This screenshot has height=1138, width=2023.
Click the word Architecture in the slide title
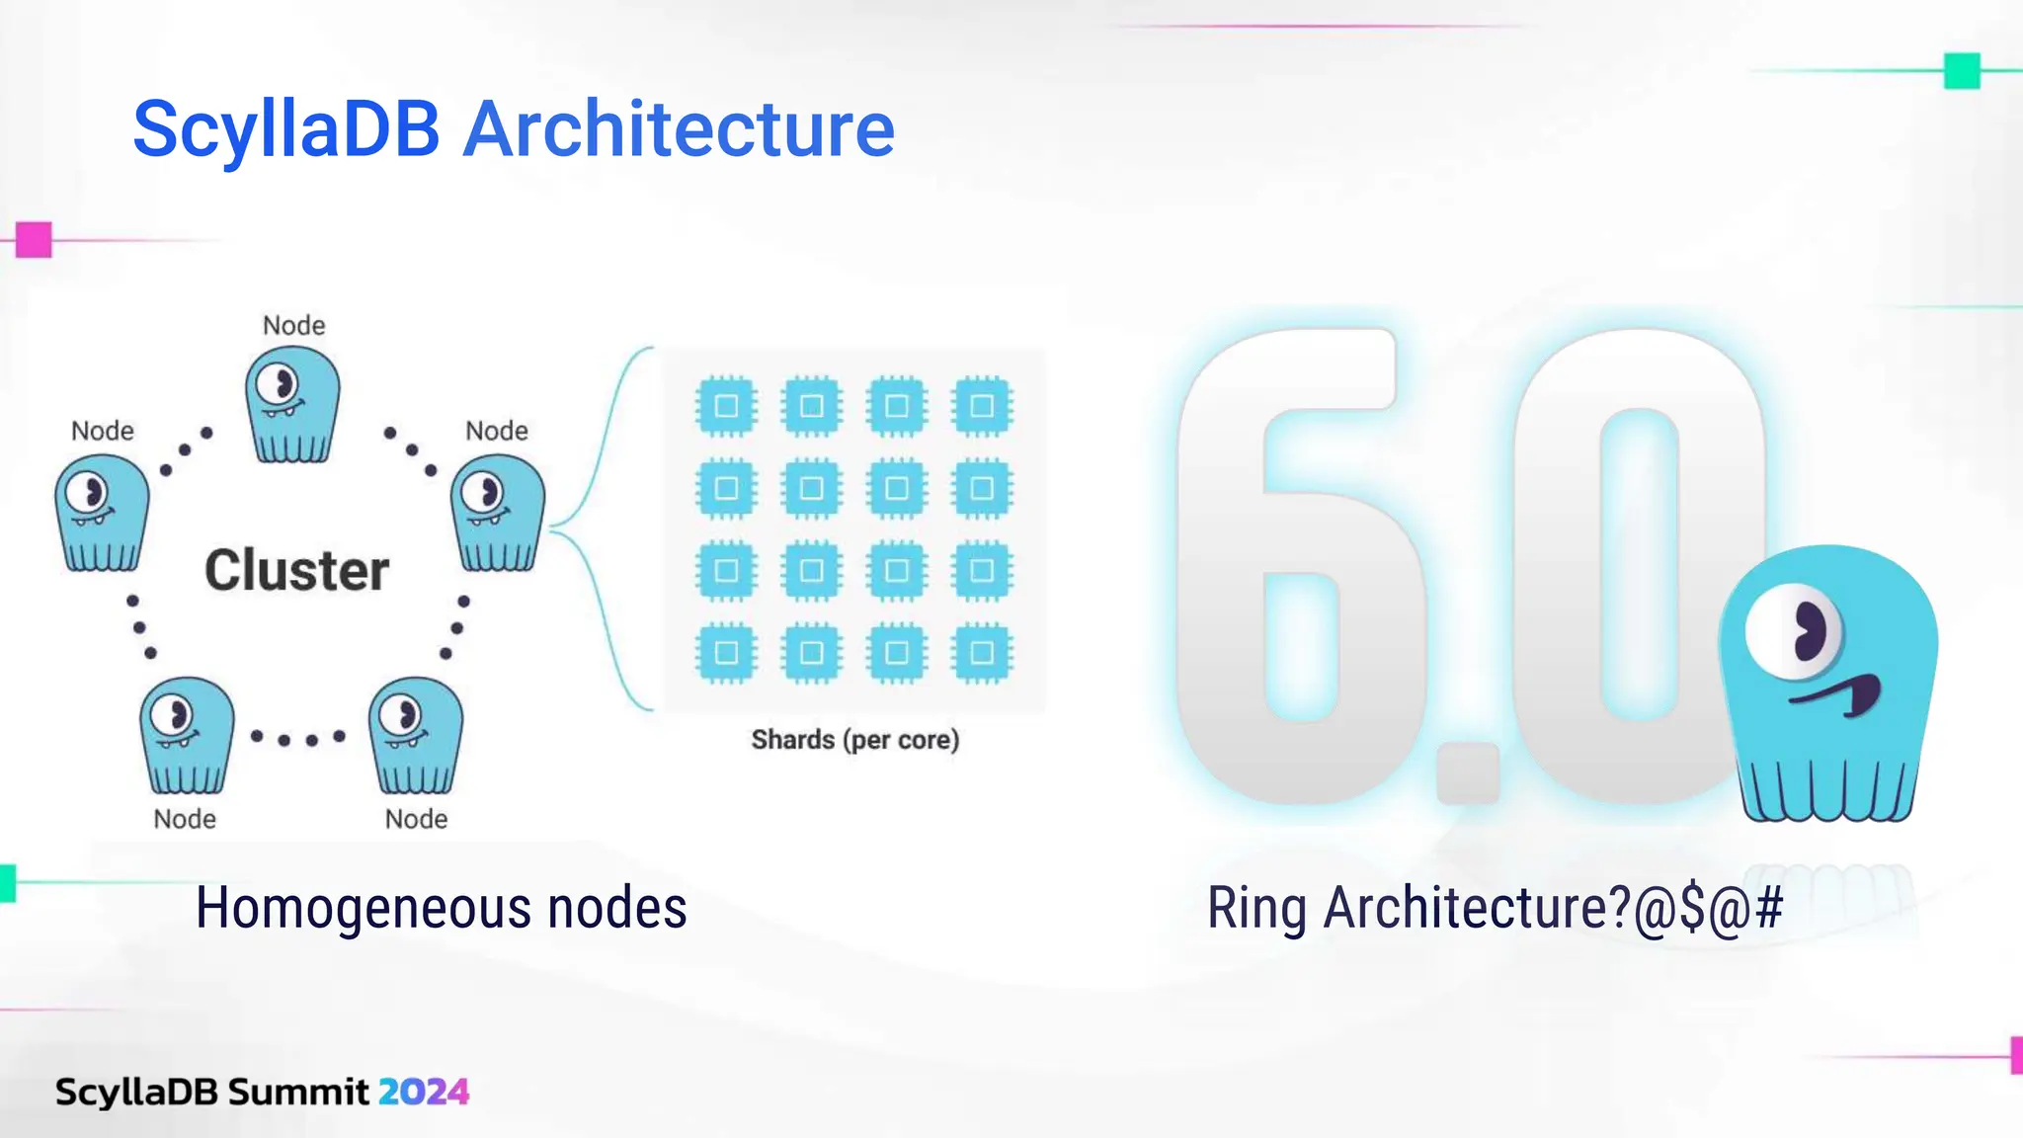click(679, 129)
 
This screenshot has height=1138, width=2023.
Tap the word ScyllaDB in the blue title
click(286, 129)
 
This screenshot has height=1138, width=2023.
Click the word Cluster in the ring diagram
click(296, 570)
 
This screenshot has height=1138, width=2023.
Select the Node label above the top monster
click(293, 325)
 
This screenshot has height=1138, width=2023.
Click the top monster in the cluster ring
click(292, 405)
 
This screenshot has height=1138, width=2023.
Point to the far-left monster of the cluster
click(102, 513)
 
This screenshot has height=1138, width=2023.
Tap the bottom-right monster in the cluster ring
click(415, 736)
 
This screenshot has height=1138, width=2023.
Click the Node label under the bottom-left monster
click(185, 819)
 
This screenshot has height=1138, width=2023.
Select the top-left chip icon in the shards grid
click(726, 406)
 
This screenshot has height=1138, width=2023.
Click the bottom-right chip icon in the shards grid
click(982, 653)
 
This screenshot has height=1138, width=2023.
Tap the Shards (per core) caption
click(854, 740)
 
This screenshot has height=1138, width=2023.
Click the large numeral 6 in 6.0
click(1299, 563)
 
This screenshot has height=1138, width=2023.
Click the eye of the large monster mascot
click(1795, 631)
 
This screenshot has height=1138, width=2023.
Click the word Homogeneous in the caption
click(363, 908)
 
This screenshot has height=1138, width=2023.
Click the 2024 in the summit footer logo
click(423, 1092)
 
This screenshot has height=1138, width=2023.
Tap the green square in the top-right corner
click(1962, 71)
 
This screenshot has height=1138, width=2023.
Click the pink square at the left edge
click(34, 239)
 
